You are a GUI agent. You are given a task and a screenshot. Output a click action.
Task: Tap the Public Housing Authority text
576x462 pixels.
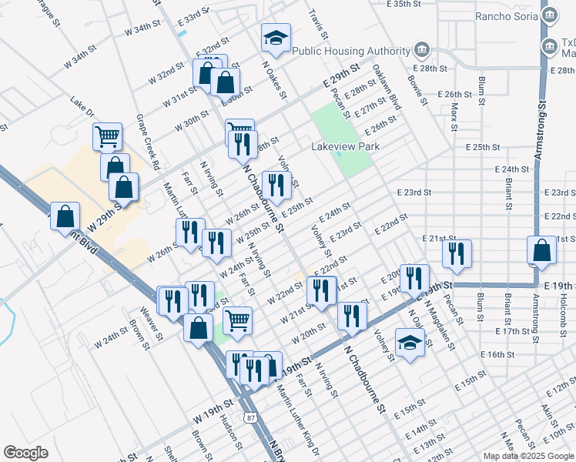pos(351,52)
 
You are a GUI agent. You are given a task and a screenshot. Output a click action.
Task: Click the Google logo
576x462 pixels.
pos(26,452)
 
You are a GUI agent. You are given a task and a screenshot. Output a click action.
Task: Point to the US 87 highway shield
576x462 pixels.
pos(250,417)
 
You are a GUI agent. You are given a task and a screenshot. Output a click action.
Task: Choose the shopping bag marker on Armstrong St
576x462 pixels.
pos(542,250)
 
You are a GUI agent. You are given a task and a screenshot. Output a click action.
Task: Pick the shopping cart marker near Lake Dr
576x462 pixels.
pos(108,137)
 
